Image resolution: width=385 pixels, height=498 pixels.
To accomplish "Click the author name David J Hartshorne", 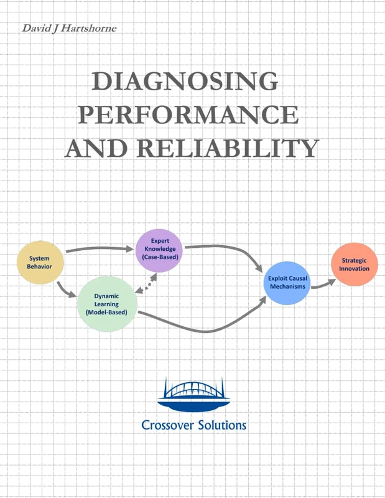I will pos(68,28).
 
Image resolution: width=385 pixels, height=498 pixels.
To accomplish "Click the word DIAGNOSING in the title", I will pos(185,82).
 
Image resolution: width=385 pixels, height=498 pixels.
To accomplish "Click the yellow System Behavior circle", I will pos(39,262).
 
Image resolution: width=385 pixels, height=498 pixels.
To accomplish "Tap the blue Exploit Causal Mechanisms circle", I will pos(288,283).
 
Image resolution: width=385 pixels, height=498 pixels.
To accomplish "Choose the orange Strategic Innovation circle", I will pos(354,264).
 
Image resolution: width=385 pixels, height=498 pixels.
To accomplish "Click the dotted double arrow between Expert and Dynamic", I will pos(146,283).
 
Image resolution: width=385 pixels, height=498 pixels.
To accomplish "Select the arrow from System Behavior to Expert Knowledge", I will pos(100,249).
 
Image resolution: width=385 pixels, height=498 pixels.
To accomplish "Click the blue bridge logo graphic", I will pos(193,395).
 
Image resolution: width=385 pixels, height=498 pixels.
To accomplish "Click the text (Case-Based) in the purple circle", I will pos(159,257).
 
